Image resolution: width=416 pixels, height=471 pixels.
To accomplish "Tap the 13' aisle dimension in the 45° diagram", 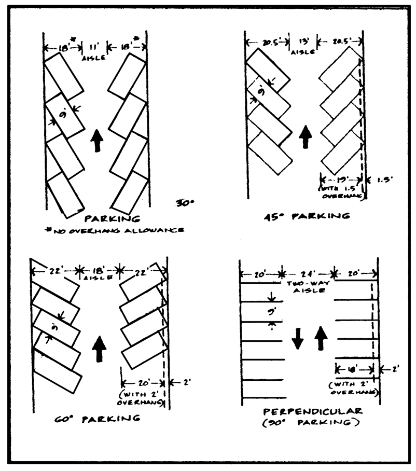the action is coord(304,42).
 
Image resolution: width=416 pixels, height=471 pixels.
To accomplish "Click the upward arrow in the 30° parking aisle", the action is coord(96,141).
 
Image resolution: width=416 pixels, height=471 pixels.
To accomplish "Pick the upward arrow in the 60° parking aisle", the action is coord(99,349).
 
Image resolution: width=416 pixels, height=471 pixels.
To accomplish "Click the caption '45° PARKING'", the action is coord(306,216).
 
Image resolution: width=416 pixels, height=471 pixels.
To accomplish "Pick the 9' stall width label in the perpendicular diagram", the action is coord(272,313).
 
